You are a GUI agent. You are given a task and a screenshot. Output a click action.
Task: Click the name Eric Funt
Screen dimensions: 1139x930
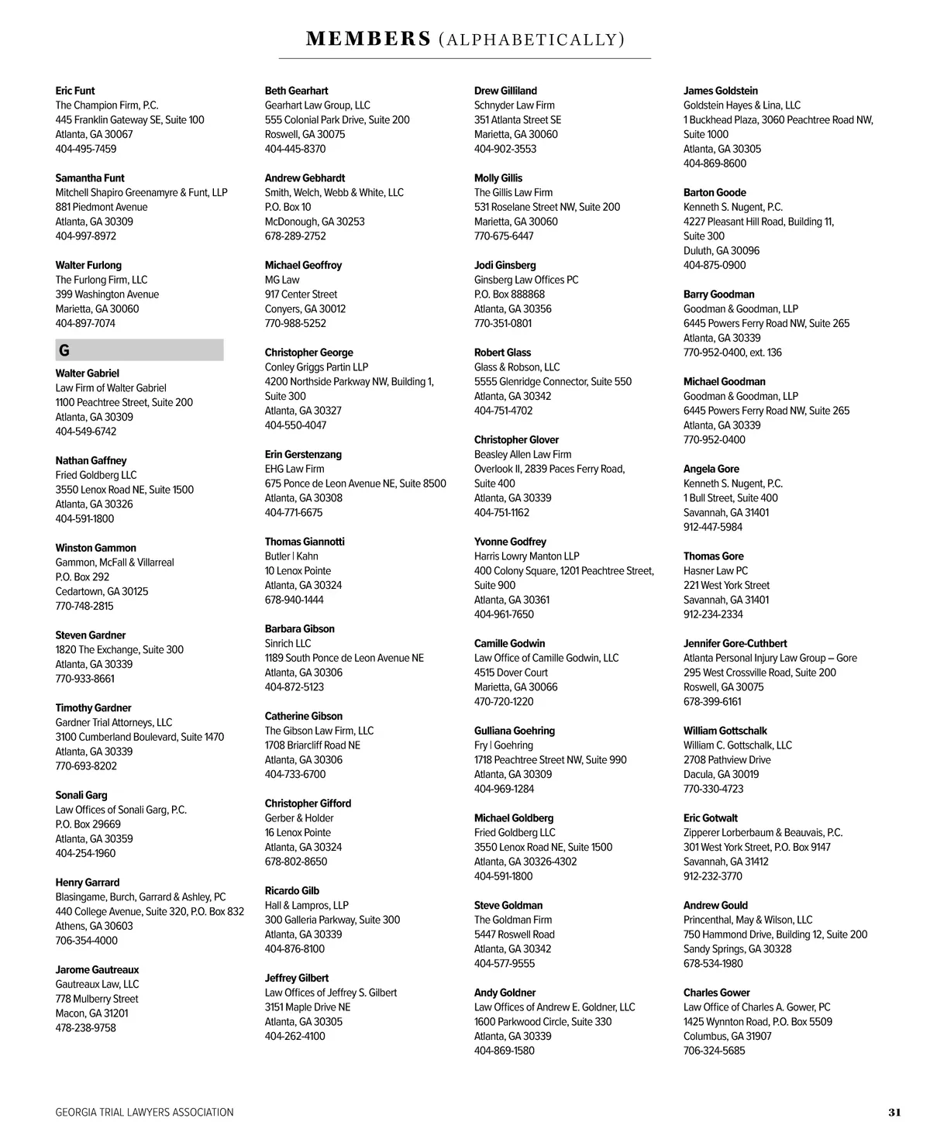[x=75, y=91]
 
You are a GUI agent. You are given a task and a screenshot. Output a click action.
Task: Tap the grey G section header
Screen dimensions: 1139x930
[x=139, y=350]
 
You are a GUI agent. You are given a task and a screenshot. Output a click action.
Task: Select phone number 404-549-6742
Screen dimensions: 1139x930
[x=86, y=432]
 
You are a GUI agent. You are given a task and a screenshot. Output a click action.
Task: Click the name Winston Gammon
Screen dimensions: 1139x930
[x=95, y=548]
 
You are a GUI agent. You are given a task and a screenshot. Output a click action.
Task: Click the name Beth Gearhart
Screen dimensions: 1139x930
[x=296, y=91]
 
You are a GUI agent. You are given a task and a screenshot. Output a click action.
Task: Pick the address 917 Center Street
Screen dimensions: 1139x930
[x=301, y=294]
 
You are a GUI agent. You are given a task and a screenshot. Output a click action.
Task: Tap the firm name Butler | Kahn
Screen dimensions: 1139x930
[x=291, y=556]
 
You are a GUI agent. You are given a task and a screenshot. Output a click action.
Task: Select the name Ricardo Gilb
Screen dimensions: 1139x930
[x=292, y=891]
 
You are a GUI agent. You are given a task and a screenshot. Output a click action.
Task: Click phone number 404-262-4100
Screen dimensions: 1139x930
[x=295, y=1036]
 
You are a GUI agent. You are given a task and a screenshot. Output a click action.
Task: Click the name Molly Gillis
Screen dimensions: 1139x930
[x=498, y=178]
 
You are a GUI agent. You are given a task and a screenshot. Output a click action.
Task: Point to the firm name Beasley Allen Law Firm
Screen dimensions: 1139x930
[x=522, y=454]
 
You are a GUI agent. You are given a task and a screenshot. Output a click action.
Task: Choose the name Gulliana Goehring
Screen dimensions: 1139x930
[x=515, y=731]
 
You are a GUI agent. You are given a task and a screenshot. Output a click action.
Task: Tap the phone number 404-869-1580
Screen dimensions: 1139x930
[x=505, y=1051]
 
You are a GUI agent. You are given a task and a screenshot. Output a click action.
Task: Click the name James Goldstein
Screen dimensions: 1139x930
[x=721, y=91]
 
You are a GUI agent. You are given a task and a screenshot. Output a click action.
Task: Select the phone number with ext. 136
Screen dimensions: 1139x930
[x=732, y=353]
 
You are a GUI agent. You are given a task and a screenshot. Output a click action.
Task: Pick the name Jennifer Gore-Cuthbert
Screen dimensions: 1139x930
[x=735, y=643]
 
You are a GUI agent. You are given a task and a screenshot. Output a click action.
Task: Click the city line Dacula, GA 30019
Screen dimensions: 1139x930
[x=721, y=774]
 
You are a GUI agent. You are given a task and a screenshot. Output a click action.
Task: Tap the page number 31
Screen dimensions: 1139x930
[x=894, y=1112]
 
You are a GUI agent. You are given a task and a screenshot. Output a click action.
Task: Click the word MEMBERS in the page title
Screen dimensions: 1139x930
[x=368, y=39]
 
